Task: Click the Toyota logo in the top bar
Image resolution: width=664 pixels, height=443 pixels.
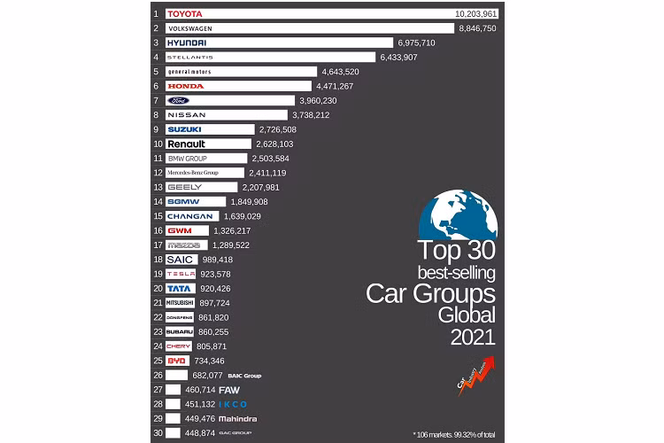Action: coord(185,14)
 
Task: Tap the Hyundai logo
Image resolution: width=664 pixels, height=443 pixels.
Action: coord(186,43)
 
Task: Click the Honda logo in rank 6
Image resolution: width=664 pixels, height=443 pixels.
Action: coord(185,86)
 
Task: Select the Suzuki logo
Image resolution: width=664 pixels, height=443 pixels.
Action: coord(184,129)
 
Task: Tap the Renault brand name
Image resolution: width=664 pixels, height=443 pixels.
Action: coord(186,144)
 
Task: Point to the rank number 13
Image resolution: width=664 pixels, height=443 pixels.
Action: coord(158,187)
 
